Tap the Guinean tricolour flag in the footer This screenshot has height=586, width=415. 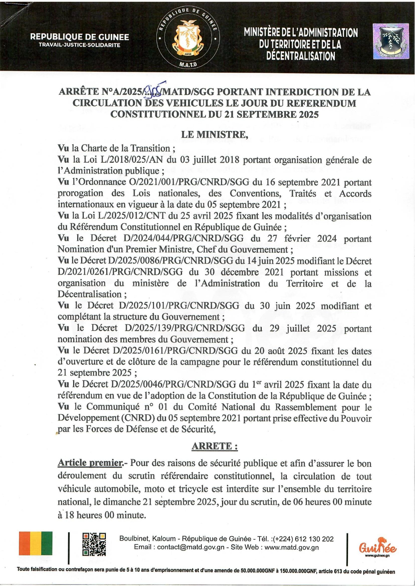coord(36,543)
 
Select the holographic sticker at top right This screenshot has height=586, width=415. coord(391,41)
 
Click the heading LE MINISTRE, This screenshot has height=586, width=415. coord(214,135)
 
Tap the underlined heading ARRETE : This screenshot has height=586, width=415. coord(215,446)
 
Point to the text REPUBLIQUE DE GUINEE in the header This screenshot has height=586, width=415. coord(79,37)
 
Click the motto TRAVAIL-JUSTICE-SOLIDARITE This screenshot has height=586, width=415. coord(79,45)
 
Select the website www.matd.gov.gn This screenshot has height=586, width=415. coord(292,547)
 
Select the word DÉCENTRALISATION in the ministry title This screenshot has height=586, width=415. coord(301,56)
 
